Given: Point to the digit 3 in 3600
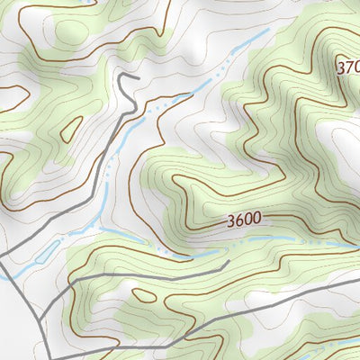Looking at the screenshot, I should coord(231,220).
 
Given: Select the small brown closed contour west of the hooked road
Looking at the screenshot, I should coord(68,131).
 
